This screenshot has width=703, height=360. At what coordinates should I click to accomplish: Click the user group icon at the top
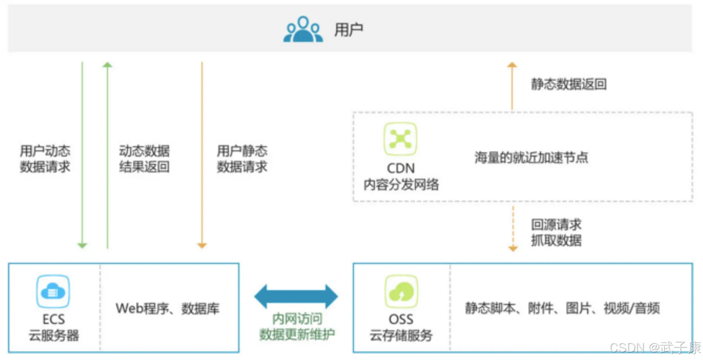303,30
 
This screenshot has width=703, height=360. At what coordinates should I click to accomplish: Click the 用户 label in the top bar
349,30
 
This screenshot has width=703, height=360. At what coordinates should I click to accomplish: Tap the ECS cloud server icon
53,292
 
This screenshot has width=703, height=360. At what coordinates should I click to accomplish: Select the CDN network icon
400,139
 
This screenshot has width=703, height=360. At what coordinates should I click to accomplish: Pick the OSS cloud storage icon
401,292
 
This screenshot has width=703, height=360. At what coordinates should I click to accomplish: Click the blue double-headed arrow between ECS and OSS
296,296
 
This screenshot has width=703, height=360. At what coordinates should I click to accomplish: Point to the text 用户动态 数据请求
45,159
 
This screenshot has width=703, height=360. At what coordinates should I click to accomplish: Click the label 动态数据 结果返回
144,159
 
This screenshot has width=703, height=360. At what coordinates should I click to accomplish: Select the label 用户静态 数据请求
242,159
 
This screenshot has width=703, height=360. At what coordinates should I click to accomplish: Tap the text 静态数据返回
569,84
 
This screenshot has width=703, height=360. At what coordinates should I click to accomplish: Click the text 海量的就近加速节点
532,158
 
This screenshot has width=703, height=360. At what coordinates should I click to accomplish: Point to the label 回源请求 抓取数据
556,233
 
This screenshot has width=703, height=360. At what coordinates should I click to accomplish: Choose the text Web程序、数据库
167,308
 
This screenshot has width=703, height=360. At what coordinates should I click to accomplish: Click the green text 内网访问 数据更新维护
297,326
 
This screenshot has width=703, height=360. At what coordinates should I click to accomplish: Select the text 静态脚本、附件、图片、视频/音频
562,308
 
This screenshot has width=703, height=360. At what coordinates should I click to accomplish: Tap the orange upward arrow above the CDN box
512,85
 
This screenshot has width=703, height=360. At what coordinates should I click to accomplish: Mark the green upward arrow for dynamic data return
107,155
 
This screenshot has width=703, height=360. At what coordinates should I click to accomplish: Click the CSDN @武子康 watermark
655,347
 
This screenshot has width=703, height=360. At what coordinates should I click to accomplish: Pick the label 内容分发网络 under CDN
401,184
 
